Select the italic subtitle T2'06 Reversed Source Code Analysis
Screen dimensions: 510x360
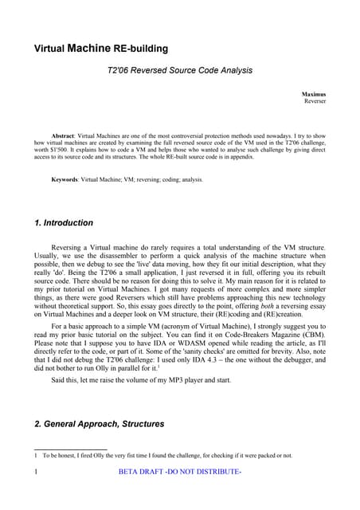179,70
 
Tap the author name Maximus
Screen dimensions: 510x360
313,94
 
